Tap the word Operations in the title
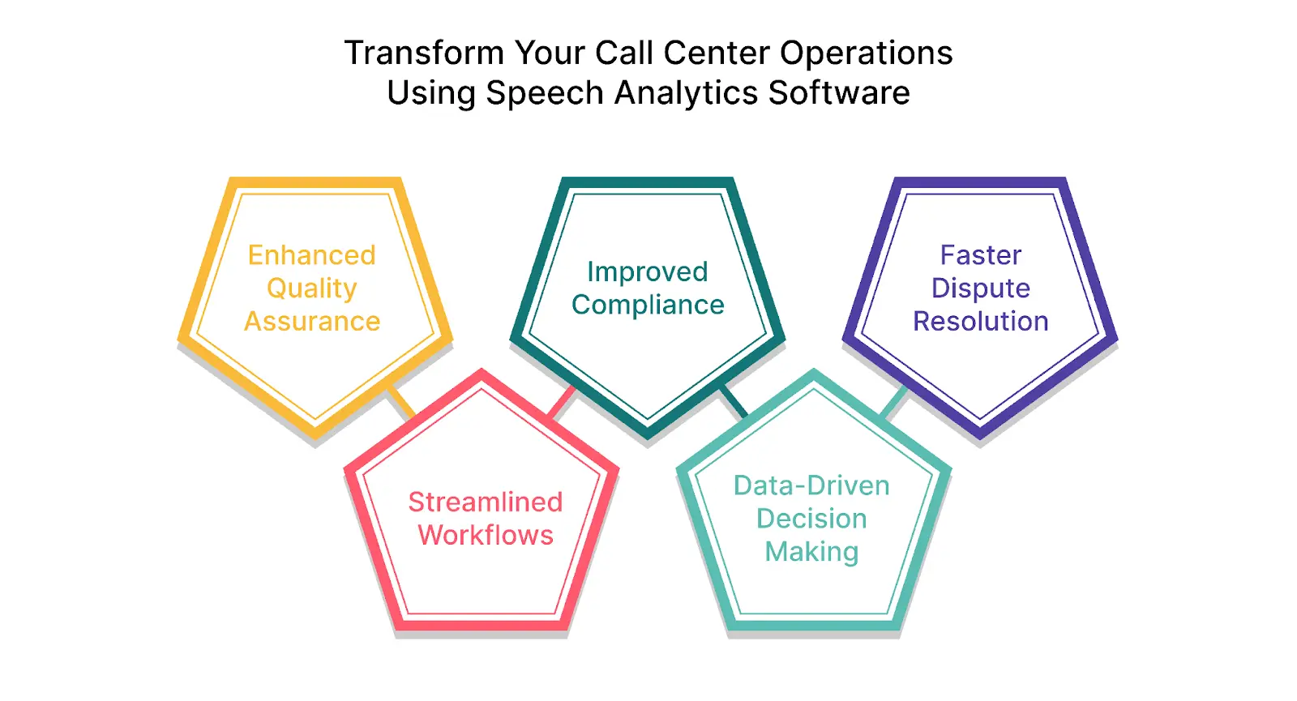[866, 53]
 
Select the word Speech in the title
[545, 92]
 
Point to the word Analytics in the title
[686, 92]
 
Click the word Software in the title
[839, 92]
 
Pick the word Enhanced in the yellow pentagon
[312, 255]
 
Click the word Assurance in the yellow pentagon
[312, 321]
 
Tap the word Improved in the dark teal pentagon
[648, 272]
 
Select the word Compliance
[648, 305]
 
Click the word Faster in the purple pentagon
[981, 255]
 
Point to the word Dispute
[981, 289]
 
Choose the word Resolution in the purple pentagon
[981, 321]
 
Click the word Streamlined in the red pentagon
[486, 502]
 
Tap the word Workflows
[486, 535]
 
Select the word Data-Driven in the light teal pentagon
[811, 485]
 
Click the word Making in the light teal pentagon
[811, 552]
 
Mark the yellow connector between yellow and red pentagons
[401, 402]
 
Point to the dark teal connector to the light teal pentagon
[734, 402]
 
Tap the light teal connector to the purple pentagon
[894, 402]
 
